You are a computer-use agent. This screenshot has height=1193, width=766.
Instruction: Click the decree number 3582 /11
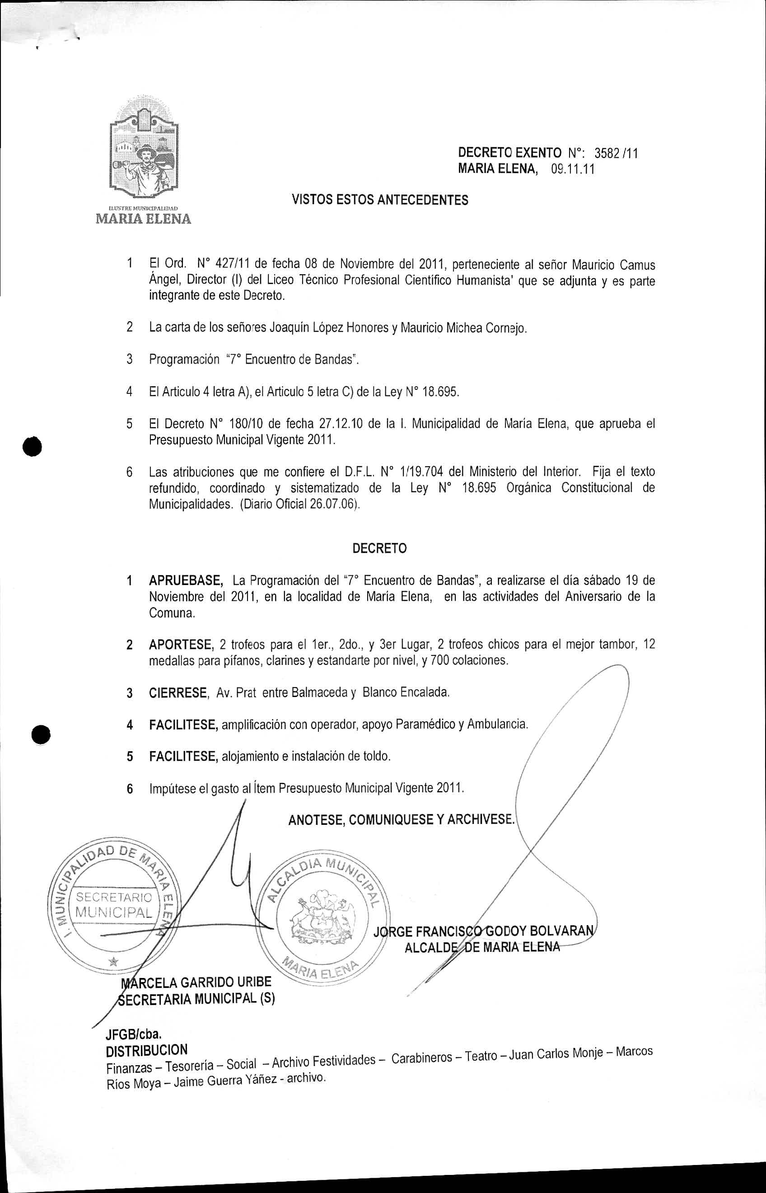[x=616, y=152]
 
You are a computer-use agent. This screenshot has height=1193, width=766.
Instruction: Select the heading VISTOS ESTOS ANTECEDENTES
[x=379, y=200]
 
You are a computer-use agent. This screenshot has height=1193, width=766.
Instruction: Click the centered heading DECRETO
[x=379, y=548]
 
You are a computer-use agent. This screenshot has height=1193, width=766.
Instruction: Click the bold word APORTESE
[x=181, y=645]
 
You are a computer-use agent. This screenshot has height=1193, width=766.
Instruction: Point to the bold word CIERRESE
[x=178, y=692]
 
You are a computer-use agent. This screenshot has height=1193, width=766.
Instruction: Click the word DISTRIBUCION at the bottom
[x=147, y=1050]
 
